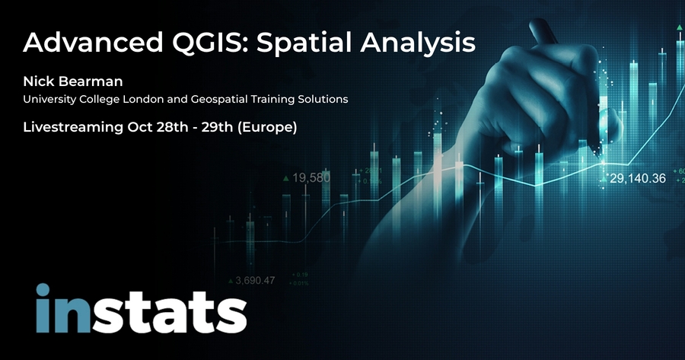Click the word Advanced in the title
[93, 43]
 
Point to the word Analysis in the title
[418, 43]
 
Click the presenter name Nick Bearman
[73, 81]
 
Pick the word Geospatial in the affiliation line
[218, 100]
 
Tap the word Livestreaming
[73, 127]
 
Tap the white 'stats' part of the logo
[169, 314]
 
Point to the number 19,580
[311, 178]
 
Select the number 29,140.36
[638, 178]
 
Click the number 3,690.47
[255, 280]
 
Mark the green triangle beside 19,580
[286, 178]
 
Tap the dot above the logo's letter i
[43, 290]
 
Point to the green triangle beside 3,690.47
[231, 281]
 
